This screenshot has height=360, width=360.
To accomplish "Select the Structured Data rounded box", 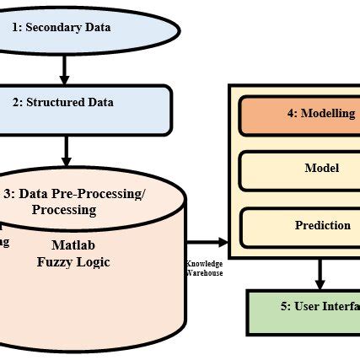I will (84, 104).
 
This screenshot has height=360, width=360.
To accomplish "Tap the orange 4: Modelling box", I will (299, 116).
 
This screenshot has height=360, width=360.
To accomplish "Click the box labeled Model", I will (299, 169).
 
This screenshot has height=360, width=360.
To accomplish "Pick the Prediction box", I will (299, 226).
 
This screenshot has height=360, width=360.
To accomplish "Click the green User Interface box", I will (304, 307).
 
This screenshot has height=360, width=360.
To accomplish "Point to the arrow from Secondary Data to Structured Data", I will (66, 67).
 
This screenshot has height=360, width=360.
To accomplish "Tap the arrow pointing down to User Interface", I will (320, 273).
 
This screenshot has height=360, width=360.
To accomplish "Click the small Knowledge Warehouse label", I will (204, 268).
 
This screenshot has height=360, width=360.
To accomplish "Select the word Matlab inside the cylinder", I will (74, 245).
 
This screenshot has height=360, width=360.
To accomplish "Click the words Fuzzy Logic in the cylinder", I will (73, 262).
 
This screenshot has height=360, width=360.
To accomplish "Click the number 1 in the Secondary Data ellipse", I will (15, 27).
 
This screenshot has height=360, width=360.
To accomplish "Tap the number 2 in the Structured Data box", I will (15, 104).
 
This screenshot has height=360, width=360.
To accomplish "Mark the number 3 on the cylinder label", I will (8, 194).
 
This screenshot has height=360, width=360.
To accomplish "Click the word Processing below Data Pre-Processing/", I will (64, 209).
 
